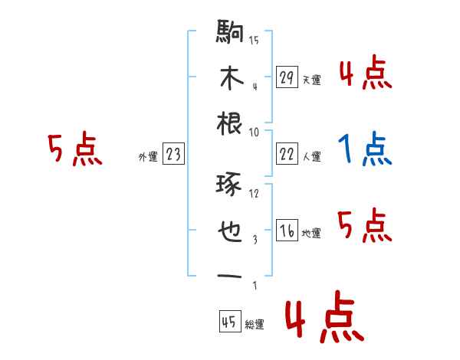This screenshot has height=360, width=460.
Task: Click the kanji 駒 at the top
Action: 230,34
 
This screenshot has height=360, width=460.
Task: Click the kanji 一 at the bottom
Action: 230,276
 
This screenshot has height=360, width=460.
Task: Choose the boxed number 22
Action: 287,154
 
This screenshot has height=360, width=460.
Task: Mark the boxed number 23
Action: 172,154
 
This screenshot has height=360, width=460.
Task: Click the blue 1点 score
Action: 365,149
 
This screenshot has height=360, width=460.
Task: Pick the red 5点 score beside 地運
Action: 365,227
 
